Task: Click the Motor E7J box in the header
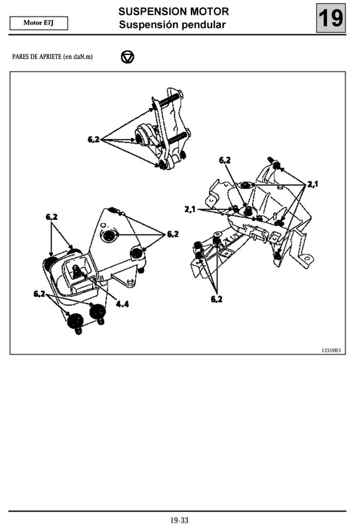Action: [39, 23]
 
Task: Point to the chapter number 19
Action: [331, 19]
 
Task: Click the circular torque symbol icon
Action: [127, 57]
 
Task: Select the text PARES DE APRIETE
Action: [36, 57]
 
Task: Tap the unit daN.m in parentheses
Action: [80, 57]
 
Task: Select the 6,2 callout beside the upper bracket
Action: [93, 139]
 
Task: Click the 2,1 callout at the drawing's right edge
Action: [312, 184]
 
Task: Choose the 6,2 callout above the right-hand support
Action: [225, 160]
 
